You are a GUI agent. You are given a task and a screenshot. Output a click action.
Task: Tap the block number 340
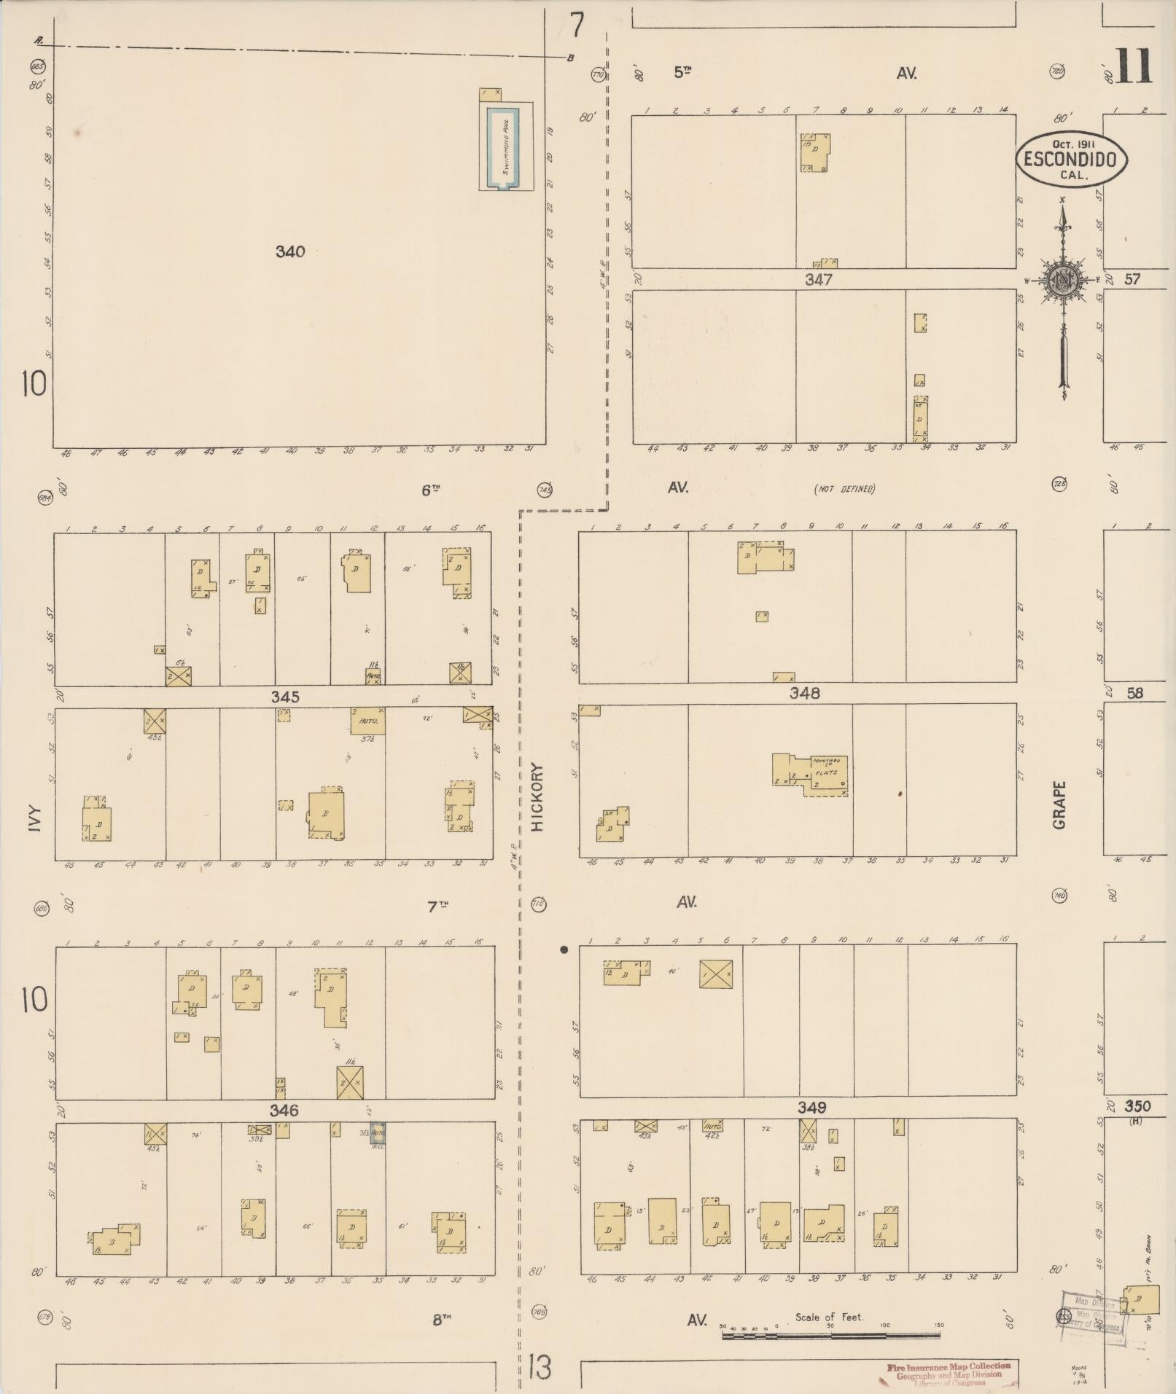point(290,252)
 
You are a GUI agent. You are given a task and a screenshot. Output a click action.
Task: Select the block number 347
point(819,280)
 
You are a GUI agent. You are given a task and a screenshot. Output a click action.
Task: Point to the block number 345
point(284,697)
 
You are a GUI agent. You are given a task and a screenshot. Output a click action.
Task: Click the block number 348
point(804,694)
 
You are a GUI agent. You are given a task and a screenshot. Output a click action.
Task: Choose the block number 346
point(284,1111)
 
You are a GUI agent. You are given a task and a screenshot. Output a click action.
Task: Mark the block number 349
point(811,1108)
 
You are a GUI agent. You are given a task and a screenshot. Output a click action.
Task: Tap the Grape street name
point(1059,804)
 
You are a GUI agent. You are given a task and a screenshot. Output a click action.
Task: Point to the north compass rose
point(1064,281)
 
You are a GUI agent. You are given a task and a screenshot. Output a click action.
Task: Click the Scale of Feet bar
point(830,1336)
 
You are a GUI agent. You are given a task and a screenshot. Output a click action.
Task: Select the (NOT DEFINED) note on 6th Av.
point(844,489)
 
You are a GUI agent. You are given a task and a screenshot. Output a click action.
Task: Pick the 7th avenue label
point(437,907)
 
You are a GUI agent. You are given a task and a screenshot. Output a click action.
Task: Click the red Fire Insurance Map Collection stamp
point(949,1373)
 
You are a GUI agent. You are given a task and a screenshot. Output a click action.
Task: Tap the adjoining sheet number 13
point(540,1368)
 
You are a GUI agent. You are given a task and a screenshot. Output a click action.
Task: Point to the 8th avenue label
point(441,1320)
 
